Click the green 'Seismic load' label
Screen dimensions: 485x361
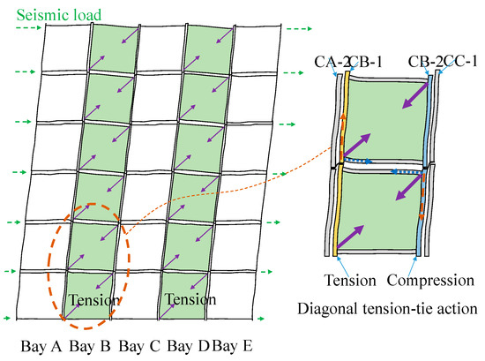point(59,15)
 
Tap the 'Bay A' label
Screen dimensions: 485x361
point(41,346)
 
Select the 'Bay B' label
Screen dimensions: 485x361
point(90,346)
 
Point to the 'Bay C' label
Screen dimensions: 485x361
point(139,346)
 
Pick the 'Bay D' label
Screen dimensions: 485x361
point(188,346)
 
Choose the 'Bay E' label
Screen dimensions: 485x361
point(232,346)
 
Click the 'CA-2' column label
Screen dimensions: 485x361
point(332,62)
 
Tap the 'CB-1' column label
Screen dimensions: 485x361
point(366,62)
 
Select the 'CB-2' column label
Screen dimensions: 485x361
point(425,61)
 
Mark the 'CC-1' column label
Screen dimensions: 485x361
point(460,61)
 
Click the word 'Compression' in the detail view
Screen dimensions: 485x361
point(430,281)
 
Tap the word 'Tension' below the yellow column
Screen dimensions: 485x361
point(350,280)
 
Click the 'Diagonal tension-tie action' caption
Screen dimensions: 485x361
point(387,309)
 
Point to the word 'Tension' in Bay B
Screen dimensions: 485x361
point(94,300)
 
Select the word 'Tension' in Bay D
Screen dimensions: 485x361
point(190,299)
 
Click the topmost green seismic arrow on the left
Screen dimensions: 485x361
point(28,28)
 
